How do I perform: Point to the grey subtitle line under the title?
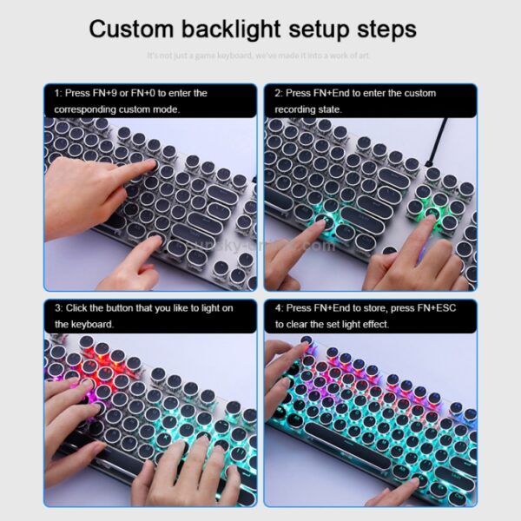tap(260, 56)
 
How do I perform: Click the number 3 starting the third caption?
tap(56, 308)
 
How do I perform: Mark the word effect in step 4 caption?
tap(373, 324)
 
